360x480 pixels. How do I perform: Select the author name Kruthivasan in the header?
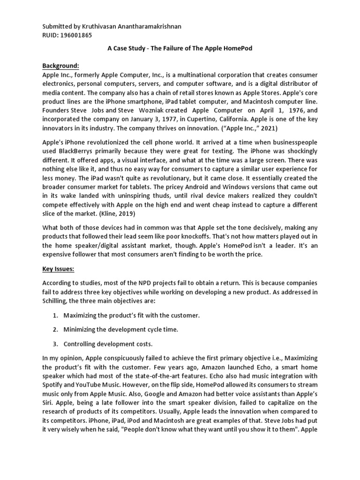coord(98,26)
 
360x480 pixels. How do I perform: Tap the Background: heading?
coord(60,66)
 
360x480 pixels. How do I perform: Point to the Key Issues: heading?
coord(60,270)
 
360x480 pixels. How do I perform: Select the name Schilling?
coord(57,302)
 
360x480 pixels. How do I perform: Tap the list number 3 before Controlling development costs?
coord(55,344)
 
